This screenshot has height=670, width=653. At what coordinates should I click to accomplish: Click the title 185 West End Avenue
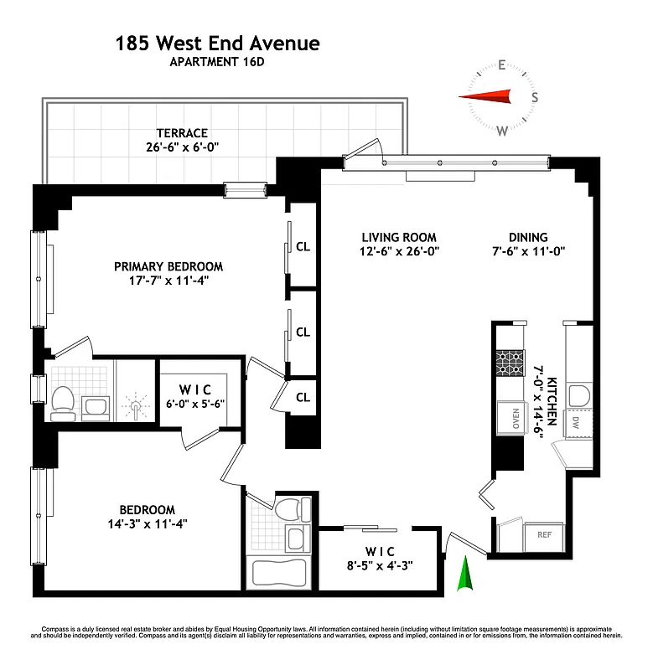click(x=217, y=43)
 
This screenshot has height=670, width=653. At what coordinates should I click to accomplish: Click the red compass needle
click(x=485, y=98)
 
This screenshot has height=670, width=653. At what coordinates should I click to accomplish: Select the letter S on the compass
click(x=535, y=97)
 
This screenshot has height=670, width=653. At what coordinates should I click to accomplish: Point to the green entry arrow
click(x=464, y=578)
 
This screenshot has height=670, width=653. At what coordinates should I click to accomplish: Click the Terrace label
click(x=181, y=132)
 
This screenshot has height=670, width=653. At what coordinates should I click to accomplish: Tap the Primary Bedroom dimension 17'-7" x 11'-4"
click(x=168, y=281)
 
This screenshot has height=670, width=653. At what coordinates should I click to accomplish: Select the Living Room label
click(x=398, y=237)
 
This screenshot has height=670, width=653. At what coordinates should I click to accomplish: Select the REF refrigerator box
click(x=544, y=533)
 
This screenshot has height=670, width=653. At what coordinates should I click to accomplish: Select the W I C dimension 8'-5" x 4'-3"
click(x=382, y=565)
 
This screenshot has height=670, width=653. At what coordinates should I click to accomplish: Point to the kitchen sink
click(x=578, y=396)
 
